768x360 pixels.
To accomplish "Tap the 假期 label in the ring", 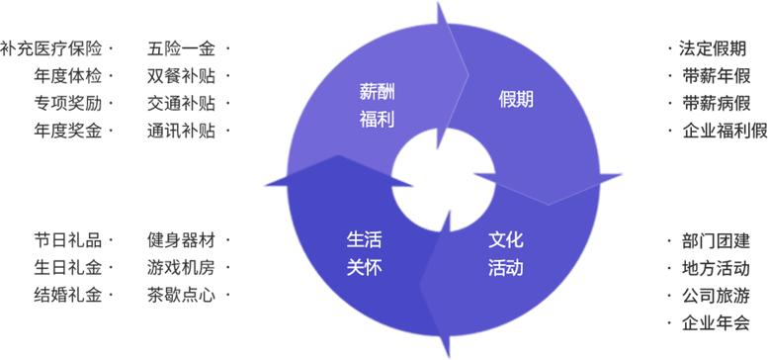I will click(x=516, y=99).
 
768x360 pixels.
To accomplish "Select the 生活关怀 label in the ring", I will click(x=364, y=254).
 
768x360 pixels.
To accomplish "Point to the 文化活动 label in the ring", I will click(x=505, y=254).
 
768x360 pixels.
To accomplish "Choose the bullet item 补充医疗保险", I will click(x=51, y=47).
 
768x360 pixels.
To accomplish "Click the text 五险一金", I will click(x=182, y=47).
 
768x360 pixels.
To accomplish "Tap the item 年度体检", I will click(x=67, y=75).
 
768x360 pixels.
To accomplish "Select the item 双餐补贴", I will click(x=182, y=75).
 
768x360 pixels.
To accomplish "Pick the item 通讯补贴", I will click(x=182, y=131).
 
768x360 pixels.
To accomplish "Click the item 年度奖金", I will click(x=67, y=131).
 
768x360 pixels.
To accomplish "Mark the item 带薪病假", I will click(x=716, y=103).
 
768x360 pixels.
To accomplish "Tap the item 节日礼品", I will click(x=67, y=239).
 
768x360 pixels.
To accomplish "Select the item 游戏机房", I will click(x=182, y=267).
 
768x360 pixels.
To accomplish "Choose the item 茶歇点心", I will click(x=182, y=295).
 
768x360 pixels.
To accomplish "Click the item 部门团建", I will click(x=716, y=240).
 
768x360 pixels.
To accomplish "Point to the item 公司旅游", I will click(x=716, y=295).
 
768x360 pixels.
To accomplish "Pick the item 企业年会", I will click(x=716, y=322).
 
